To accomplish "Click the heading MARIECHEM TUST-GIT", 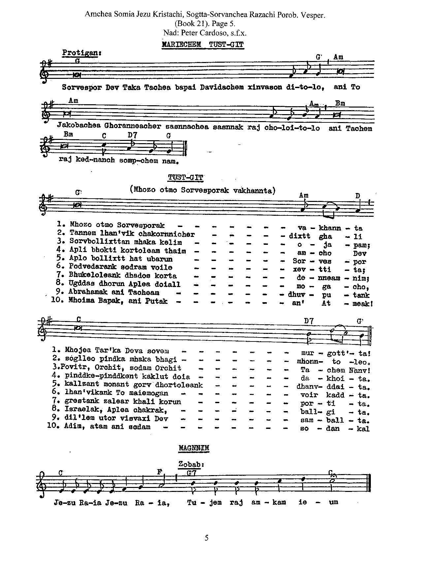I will [x=203, y=45].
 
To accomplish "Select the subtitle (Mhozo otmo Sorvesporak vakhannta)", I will [x=203, y=190].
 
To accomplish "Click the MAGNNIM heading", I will [x=194, y=448].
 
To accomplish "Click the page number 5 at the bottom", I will [x=207, y=538].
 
